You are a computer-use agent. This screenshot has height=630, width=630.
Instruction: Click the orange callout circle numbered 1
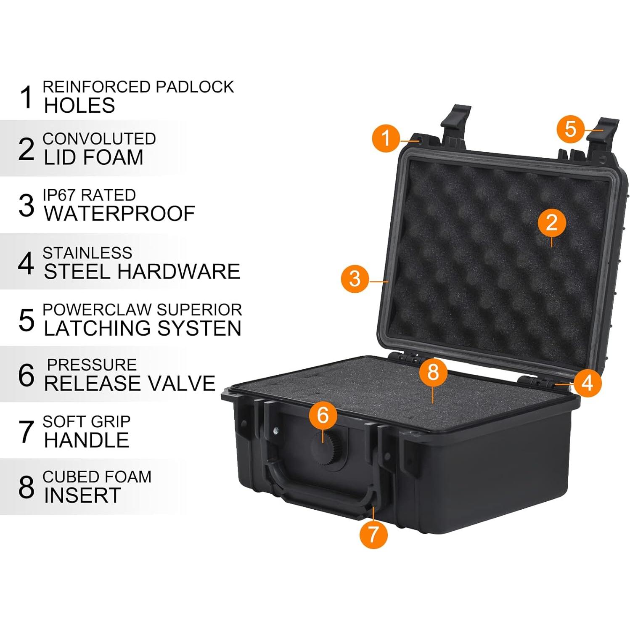(386, 138)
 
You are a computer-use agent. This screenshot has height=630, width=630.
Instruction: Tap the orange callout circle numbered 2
(551, 222)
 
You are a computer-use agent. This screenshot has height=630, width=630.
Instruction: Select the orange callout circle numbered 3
(355, 278)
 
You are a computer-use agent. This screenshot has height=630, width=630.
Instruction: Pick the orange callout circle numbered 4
(587, 383)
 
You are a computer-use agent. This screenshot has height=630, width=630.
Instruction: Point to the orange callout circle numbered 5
(570, 129)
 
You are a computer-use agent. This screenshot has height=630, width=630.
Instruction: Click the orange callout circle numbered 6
(323, 416)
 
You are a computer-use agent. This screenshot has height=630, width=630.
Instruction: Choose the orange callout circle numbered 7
(373, 534)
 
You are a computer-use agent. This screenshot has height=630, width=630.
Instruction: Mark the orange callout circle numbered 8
(433, 372)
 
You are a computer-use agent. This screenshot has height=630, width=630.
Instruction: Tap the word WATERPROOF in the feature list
(119, 214)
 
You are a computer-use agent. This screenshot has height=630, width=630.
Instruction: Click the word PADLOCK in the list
(195, 87)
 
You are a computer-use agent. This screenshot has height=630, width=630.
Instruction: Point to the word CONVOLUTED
(99, 139)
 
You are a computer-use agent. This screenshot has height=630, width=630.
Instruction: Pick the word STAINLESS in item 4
(87, 253)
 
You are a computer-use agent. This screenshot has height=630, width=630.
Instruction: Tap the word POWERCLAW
(97, 310)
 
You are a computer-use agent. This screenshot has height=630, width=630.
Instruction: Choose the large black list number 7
(26, 431)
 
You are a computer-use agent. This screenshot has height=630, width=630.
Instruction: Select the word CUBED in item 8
(64, 476)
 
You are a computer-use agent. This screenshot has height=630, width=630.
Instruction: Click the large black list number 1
(26, 97)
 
